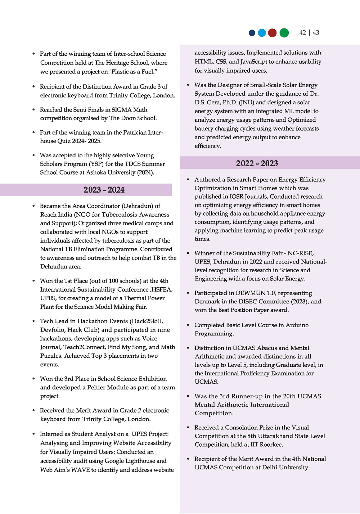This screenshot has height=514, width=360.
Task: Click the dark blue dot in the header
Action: tap(252, 33)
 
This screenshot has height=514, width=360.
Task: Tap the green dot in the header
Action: tap(284, 33)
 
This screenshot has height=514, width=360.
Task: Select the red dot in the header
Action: tap(273, 33)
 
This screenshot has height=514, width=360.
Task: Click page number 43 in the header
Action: tap(316, 33)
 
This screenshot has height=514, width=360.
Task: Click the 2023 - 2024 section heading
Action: tap(104, 190)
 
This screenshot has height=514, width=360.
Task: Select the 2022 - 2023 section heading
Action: tap(257, 163)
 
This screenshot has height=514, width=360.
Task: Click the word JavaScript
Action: tap(258, 62)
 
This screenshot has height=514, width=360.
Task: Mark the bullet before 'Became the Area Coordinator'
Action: tap(33, 206)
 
